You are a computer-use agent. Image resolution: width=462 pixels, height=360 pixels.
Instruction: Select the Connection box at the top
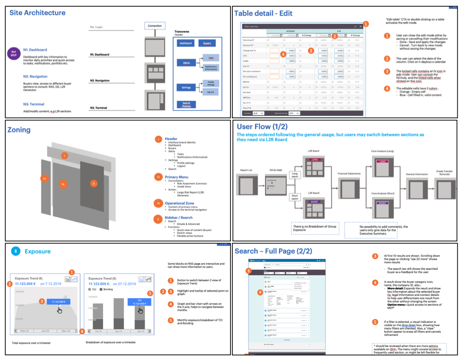click(x=154, y=26)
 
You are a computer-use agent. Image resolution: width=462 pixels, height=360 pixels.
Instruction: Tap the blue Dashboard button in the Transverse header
click(x=186, y=43)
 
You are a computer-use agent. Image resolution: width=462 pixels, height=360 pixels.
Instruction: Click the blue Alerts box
click(x=186, y=63)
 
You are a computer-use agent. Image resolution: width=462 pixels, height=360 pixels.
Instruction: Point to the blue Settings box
click(x=186, y=87)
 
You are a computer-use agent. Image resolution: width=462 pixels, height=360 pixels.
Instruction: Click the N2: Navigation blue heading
click(x=35, y=76)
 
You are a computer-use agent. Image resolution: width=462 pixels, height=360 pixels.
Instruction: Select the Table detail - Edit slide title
click(x=263, y=13)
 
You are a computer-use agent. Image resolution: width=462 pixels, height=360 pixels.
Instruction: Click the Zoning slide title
click(x=19, y=130)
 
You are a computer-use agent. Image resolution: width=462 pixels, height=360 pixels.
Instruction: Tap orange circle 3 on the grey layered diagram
click(x=94, y=183)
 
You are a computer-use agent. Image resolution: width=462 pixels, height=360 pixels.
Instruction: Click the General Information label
click(x=417, y=174)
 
